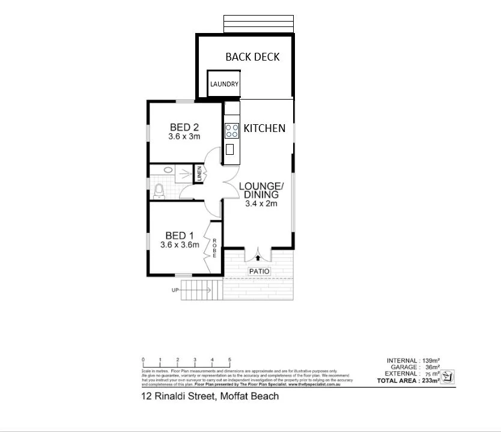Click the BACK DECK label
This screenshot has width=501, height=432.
(252, 57)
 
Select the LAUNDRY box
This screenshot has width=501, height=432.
(224, 84)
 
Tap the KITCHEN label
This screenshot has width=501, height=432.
(264, 128)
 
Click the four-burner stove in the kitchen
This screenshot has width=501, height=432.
(232, 130)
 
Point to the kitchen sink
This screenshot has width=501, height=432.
(230, 149)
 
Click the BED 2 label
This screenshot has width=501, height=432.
(184, 127)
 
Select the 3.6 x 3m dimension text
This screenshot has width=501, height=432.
(184, 137)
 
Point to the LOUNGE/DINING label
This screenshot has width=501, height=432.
(261, 190)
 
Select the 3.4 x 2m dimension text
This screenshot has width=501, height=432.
(261, 204)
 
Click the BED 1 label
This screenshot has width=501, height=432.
(180, 235)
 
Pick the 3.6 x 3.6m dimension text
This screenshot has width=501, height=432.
(180, 245)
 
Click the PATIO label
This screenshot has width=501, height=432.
(260, 272)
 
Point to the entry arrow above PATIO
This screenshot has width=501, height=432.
(259, 258)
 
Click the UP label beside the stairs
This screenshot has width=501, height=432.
(175, 290)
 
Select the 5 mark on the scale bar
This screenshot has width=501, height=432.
(229, 360)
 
